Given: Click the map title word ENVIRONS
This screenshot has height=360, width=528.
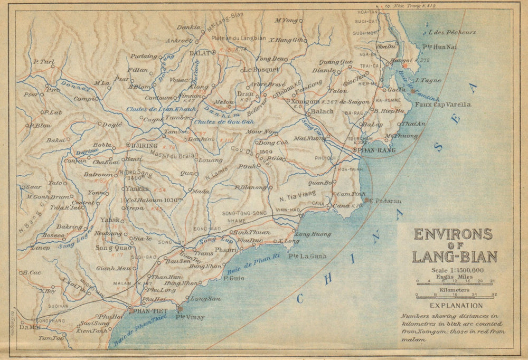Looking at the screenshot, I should (452, 234).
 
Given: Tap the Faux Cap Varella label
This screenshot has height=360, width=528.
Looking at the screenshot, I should (445, 105).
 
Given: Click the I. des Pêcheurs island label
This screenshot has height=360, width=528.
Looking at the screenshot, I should (452, 32).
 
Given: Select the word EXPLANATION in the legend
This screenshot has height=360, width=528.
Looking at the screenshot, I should (456, 305).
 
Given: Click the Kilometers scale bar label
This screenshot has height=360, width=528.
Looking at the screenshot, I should (455, 290).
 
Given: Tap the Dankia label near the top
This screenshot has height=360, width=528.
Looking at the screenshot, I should (188, 27).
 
